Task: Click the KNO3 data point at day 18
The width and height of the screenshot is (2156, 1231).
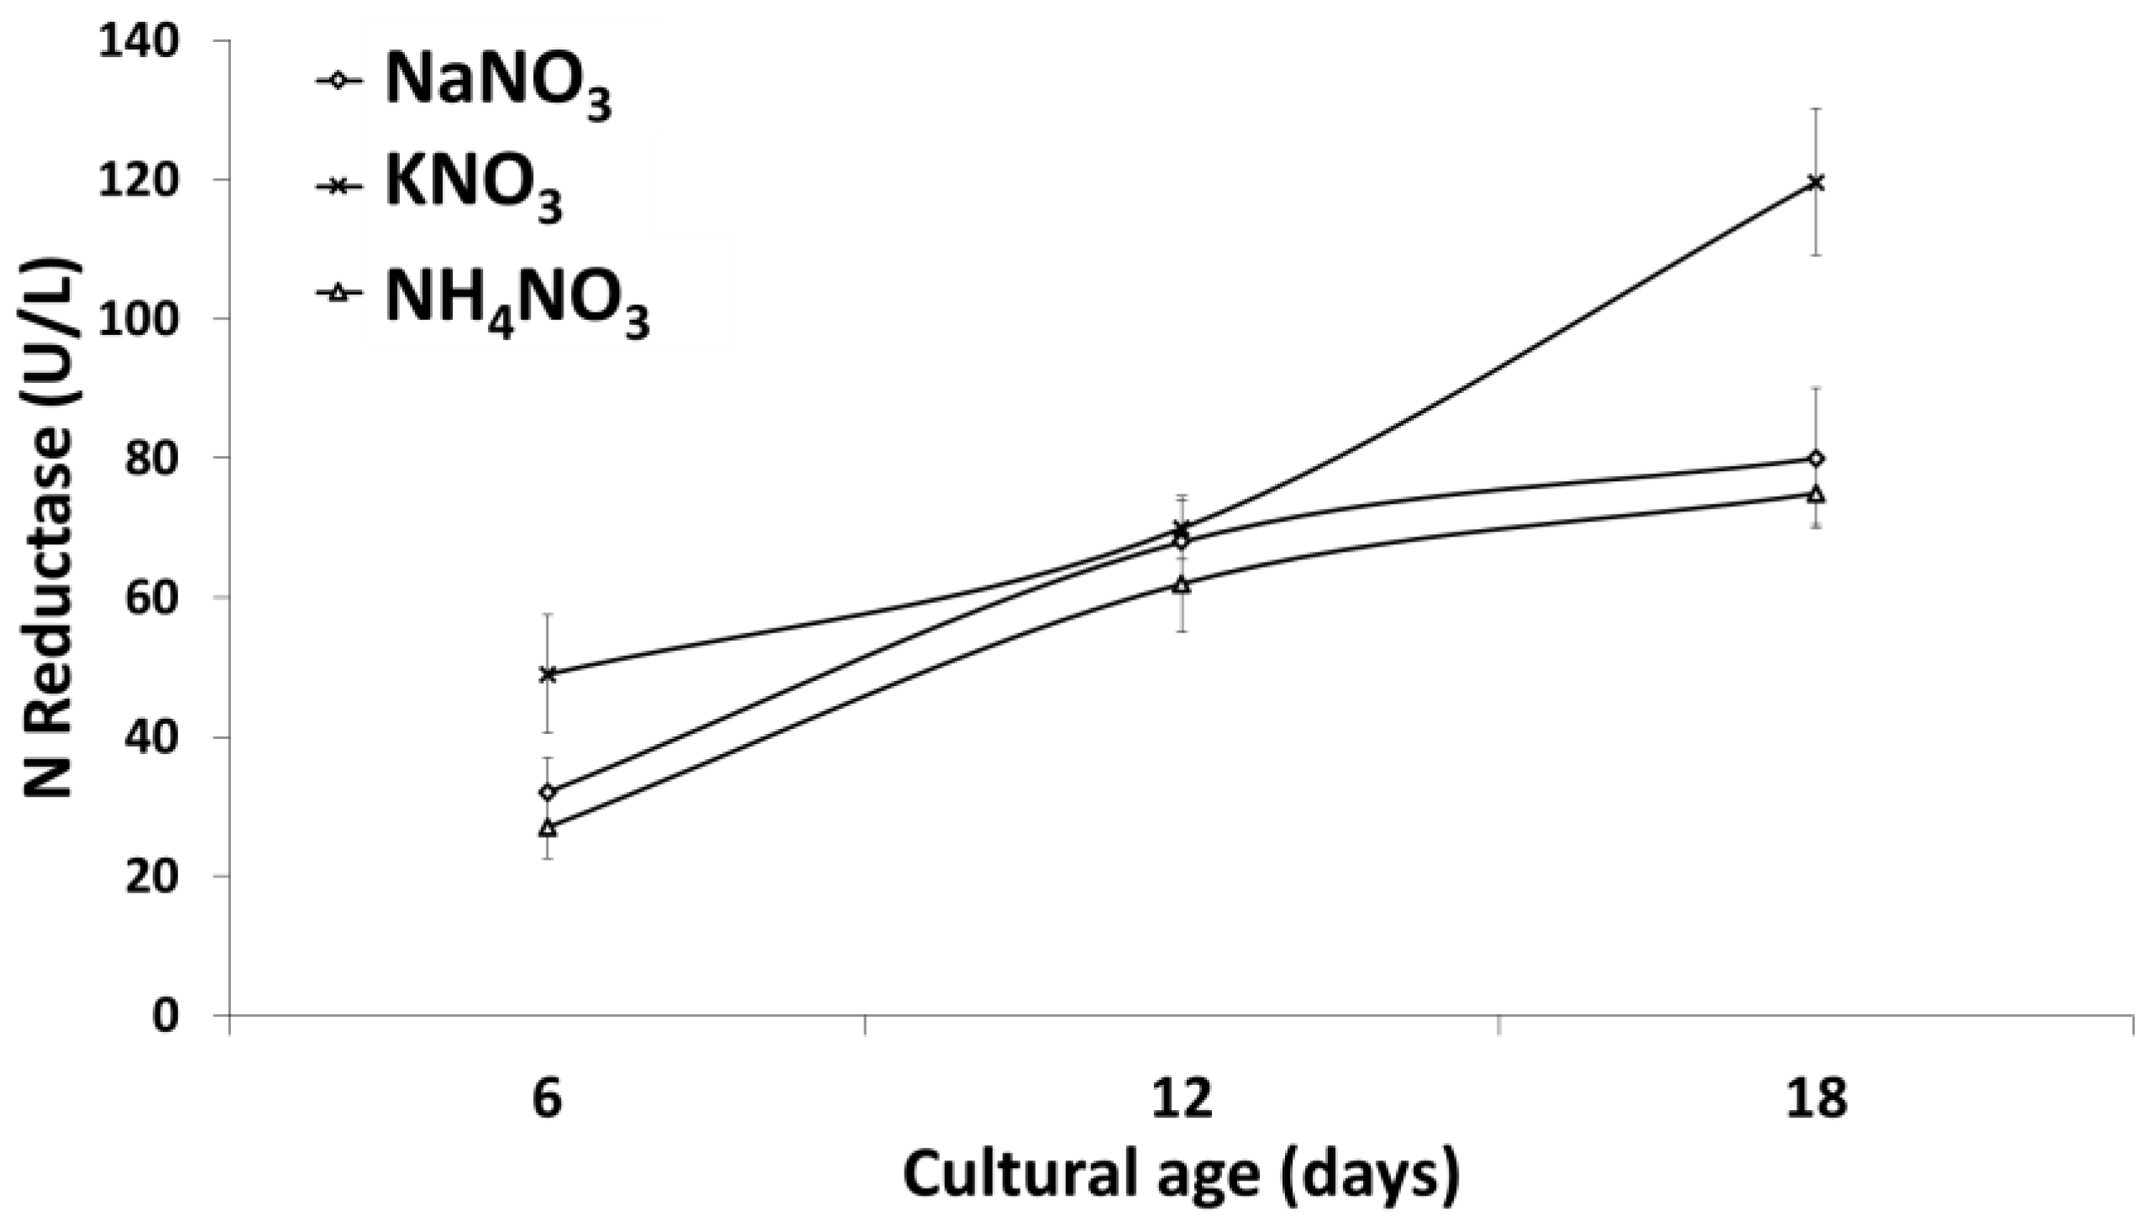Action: click(1814, 181)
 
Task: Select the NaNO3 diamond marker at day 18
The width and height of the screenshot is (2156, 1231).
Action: click(1814, 458)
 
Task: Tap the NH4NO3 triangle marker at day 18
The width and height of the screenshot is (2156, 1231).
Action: click(1814, 494)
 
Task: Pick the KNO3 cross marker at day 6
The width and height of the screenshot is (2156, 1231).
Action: click(548, 673)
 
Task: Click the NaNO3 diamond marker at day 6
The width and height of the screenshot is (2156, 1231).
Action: click(548, 792)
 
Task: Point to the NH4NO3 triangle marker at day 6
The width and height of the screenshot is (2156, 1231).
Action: click(548, 828)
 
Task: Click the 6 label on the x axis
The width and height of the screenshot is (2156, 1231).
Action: click(548, 1102)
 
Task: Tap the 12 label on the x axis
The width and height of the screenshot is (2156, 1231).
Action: click(1182, 1102)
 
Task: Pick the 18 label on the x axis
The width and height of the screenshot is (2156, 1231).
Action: click(1814, 1102)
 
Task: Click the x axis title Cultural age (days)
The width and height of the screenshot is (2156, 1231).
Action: click(1182, 1176)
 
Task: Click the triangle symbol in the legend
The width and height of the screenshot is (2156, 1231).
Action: click(338, 293)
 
